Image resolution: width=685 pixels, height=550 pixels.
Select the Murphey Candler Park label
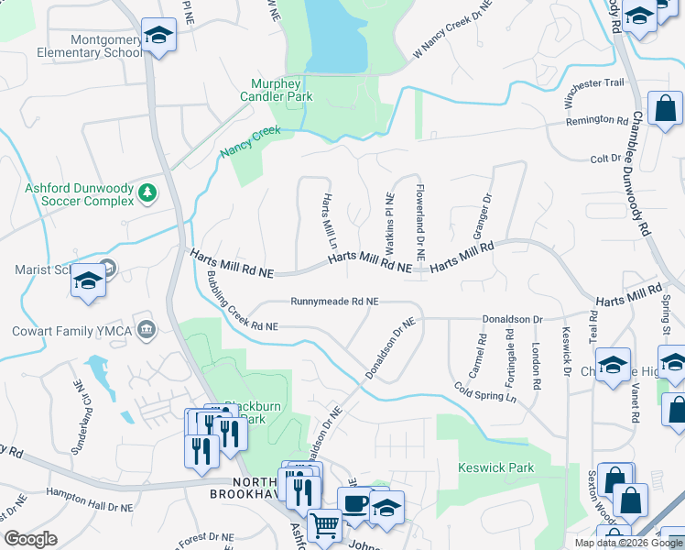pos(277,90)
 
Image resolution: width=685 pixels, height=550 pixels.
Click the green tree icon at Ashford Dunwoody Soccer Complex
pos(147,192)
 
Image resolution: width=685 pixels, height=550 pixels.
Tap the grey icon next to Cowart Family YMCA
pos(146,329)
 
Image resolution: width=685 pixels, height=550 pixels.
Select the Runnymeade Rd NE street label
pos(334,301)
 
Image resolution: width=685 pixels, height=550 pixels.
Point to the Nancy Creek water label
pos(249,143)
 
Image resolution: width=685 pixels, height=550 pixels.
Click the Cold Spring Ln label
pos(485,391)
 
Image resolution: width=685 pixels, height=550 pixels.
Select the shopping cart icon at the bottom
pos(324,525)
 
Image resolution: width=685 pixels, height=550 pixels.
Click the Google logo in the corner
pos(30,539)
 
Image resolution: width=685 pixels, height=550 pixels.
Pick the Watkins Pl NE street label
pos(389,224)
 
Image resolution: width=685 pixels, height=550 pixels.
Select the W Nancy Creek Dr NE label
pos(452,31)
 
